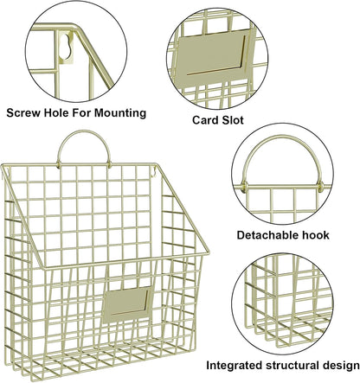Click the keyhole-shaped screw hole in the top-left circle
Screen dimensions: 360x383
point(66,45)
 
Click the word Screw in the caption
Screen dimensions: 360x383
point(23,112)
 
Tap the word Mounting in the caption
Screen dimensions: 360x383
point(120,113)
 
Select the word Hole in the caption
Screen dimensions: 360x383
point(56,112)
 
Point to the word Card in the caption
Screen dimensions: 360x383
point(205,120)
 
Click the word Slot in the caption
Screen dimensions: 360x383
point(233,120)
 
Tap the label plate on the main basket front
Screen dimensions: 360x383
point(127,304)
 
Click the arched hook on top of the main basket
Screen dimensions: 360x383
point(84,132)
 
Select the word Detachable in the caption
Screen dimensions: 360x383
point(267,235)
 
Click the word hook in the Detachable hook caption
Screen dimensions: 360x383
point(315,235)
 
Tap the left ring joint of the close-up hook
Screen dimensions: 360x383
point(244,187)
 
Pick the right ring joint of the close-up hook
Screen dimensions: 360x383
point(320,187)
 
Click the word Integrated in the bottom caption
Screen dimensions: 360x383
point(235,366)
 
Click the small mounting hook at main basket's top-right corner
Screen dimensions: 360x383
point(153,172)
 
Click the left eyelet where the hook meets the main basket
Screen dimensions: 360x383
point(59,165)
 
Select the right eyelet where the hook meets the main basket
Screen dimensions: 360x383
point(110,165)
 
